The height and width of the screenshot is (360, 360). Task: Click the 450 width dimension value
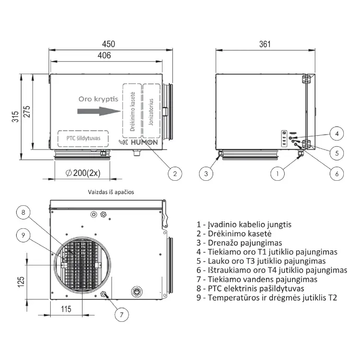109,44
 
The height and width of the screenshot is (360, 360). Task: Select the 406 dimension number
104,55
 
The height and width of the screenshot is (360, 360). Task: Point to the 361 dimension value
265,44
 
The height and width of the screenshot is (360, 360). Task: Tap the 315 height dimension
15,117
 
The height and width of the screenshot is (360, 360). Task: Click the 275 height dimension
27,112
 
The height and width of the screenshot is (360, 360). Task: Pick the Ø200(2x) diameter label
83,172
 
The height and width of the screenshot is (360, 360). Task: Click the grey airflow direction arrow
99,111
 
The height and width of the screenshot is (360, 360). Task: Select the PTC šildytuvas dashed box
83,138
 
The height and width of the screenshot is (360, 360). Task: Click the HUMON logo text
144,142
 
